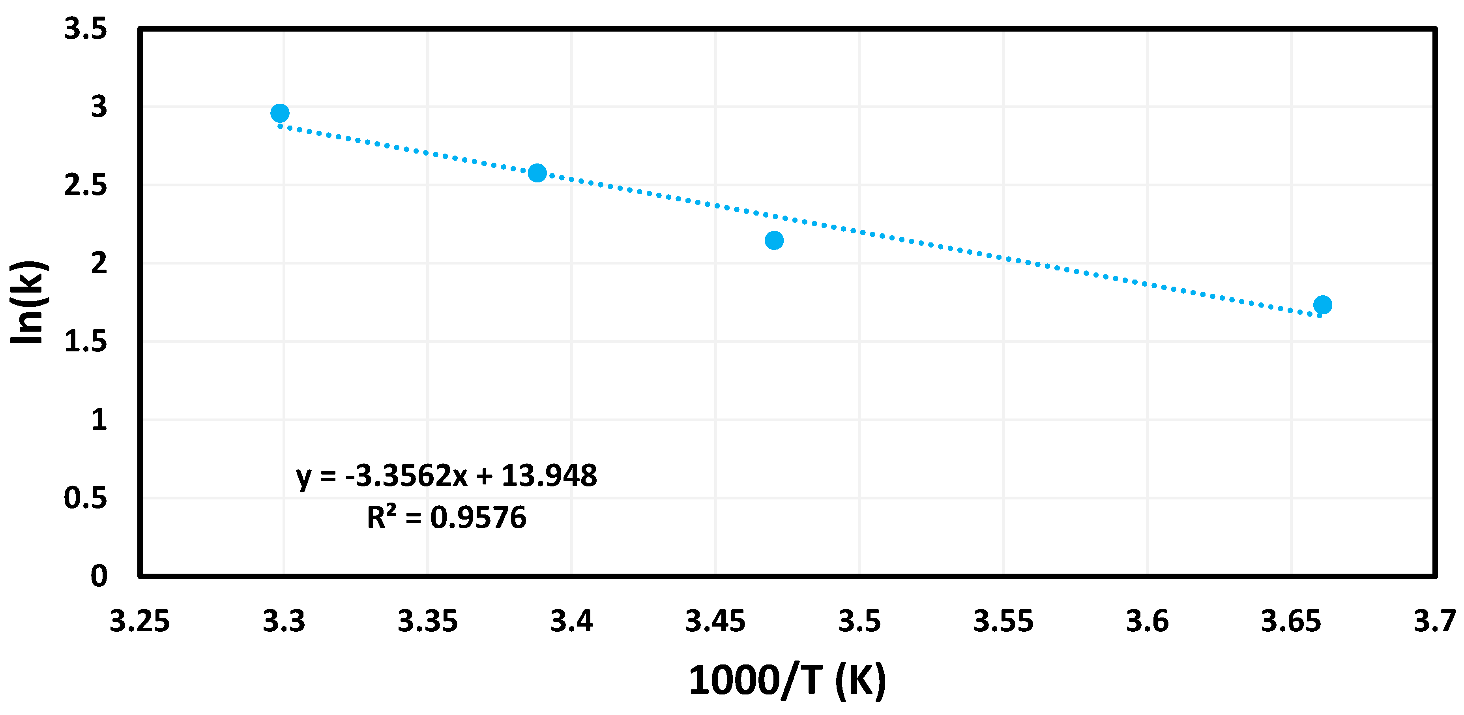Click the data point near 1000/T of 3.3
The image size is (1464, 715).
tap(280, 113)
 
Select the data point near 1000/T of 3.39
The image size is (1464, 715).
tap(537, 173)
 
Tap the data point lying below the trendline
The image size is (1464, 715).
tap(774, 240)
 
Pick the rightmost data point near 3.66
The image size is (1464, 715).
tap(1322, 305)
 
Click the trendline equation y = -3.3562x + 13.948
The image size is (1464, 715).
tap(446, 476)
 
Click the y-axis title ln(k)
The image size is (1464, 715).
tap(27, 302)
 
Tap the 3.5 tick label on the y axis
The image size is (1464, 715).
tap(85, 28)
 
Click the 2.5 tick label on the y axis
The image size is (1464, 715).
tap(85, 186)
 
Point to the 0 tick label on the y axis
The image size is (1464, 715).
tap(99, 576)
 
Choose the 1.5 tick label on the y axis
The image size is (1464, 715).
tap(85, 342)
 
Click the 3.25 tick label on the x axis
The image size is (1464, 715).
tap(139, 621)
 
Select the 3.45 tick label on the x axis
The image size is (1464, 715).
tap(715, 621)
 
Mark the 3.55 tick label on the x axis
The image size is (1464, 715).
tap(1003, 621)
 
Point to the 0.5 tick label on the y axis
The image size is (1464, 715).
tap(85, 498)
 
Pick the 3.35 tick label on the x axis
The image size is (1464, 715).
tap(427, 621)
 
